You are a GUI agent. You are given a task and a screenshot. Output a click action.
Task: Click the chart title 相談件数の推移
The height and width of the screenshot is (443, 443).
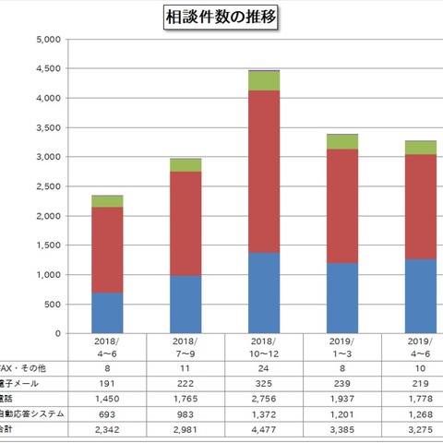(x=221, y=17)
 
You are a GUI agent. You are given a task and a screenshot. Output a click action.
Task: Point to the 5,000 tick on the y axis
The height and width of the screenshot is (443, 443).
(x=46, y=40)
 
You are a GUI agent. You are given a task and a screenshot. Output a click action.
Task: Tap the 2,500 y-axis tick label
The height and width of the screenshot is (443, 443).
(x=46, y=186)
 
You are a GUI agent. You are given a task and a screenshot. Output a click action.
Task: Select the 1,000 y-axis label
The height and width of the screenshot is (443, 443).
(x=46, y=275)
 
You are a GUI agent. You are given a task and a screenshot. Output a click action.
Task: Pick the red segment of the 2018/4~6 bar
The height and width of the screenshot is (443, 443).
(x=108, y=249)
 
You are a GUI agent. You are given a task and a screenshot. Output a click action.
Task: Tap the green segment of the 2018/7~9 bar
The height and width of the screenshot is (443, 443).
(x=186, y=164)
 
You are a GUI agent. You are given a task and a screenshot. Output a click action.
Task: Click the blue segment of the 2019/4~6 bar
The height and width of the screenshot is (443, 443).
(x=422, y=295)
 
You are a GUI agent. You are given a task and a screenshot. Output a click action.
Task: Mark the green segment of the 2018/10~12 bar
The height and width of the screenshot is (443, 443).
(x=264, y=80)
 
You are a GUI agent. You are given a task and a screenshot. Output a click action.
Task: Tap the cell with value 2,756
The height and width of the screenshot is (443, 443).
(x=264, y=398)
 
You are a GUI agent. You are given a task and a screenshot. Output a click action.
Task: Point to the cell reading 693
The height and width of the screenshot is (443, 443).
(x=108, y=414)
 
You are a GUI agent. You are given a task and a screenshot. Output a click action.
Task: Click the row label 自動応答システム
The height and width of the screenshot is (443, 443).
(x=32, y=414)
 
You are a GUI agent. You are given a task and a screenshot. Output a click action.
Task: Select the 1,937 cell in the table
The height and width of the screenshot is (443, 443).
(x=343, y=398)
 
